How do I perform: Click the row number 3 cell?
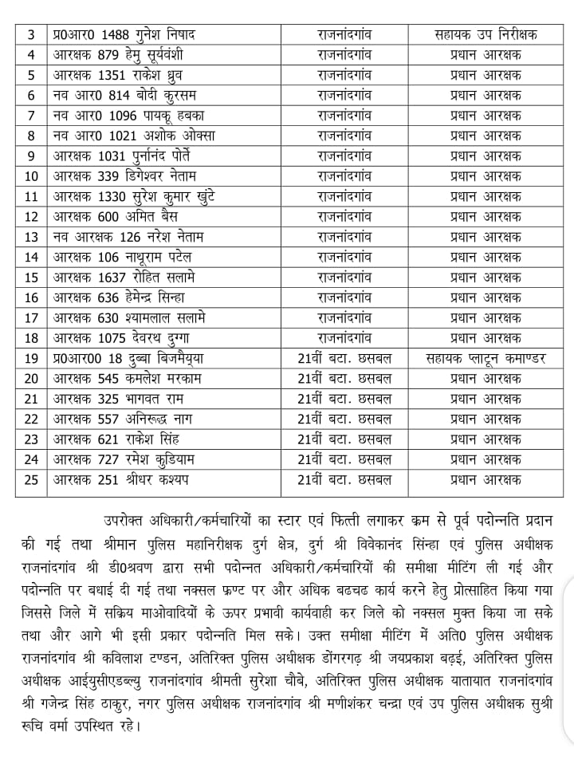click(31, 34)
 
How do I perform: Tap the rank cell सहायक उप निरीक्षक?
click(486, 34)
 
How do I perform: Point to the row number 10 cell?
click(31, 175)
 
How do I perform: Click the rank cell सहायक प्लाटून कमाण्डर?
click(486, 358)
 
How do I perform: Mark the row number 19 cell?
click(31, 358)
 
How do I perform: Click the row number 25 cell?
click(31, 479)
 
